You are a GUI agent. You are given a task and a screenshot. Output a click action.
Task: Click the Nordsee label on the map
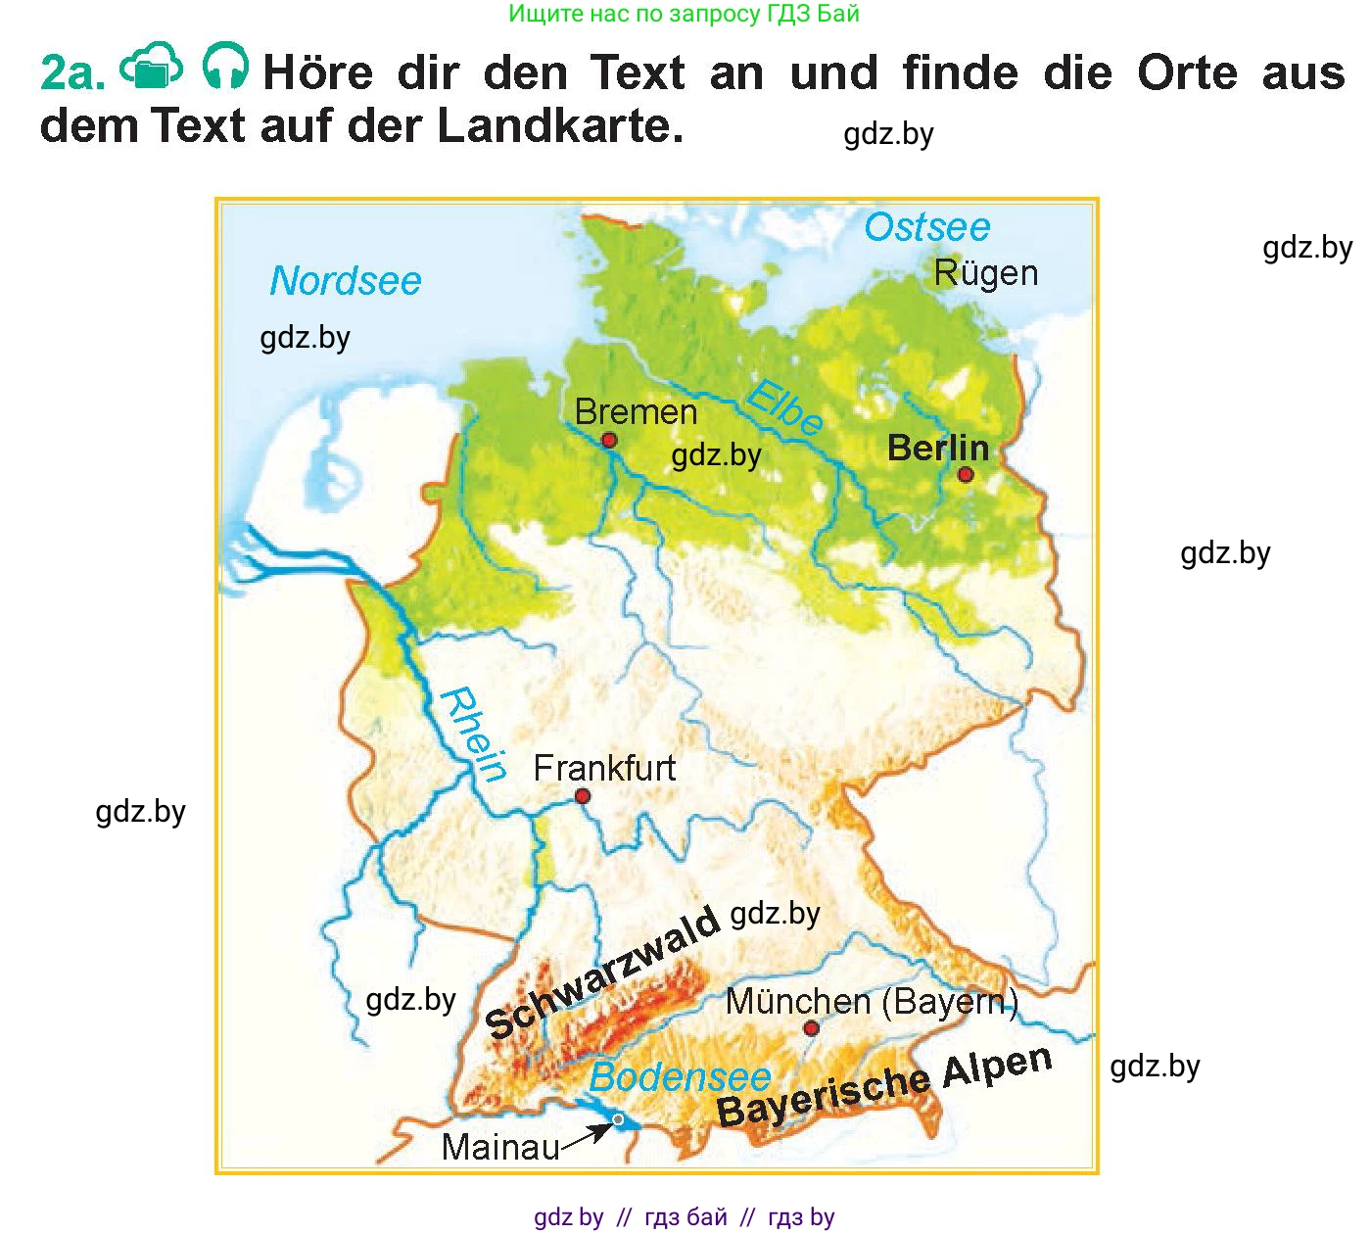click(x=345, y=281)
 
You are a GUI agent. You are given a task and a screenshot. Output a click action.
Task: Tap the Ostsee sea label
click(x=926, y=227)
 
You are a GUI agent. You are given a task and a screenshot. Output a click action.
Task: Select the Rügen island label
click(x=985, y=273)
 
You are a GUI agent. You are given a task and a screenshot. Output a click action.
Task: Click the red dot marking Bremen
click(x=609, y=441)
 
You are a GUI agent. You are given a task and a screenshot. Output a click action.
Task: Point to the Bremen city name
click(x=636, y=412)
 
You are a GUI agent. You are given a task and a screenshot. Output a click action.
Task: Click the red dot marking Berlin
click(x=966, y=475)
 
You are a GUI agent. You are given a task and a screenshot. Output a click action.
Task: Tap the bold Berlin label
click(x=937, y=449)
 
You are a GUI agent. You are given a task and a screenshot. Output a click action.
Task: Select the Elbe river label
click(x=785, y=406)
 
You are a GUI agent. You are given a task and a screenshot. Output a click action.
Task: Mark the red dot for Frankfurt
click(x=583, y=796)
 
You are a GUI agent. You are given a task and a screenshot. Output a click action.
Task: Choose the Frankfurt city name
click(x=604, y=769)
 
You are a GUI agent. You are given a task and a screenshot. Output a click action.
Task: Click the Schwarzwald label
click(x=602, y=972)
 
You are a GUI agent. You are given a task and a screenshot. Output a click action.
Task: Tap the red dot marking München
click(x=811, y=1028)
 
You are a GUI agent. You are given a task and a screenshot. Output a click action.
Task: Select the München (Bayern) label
click(x=872, y=1002)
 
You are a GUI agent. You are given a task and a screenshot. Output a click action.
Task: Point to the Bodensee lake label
click(x=680, y=1077)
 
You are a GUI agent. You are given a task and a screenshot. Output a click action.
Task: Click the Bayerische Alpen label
click(x=884, y=1087)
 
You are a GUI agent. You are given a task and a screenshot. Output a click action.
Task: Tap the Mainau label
click(x=500, y=1147)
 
